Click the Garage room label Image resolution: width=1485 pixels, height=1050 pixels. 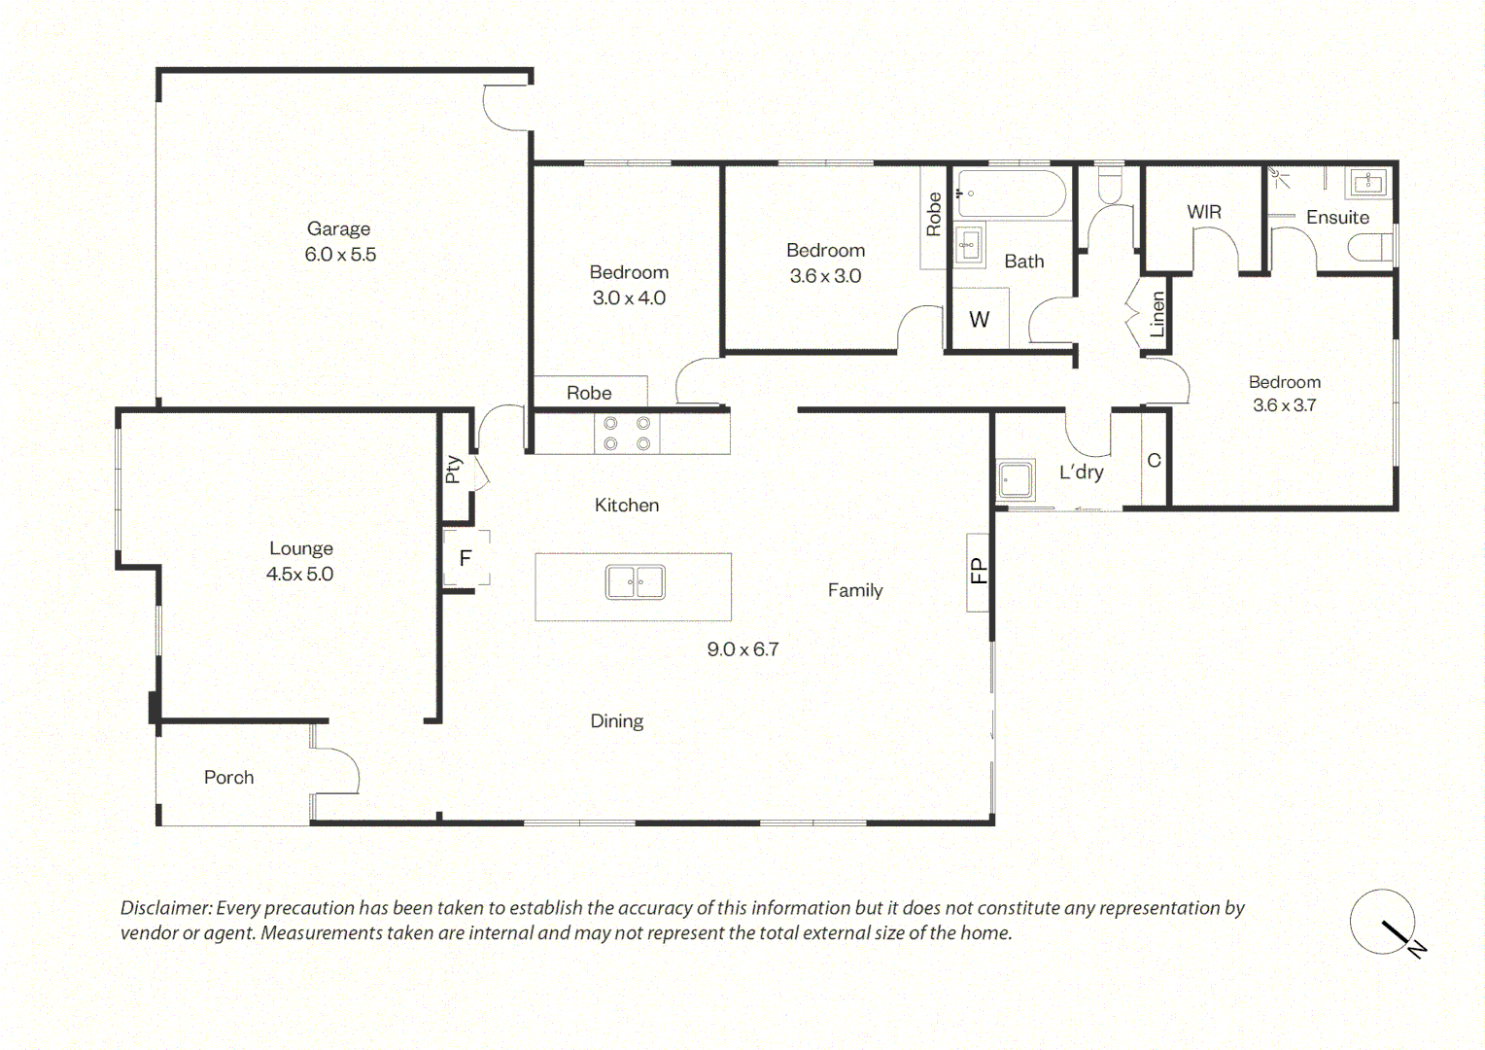338,228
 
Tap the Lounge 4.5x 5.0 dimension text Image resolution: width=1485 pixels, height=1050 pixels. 299,574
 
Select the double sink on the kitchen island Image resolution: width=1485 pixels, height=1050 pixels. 635,581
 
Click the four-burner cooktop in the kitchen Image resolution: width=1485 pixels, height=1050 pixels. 627,434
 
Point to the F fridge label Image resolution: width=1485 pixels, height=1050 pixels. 466,558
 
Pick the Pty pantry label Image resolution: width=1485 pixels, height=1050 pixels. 454,469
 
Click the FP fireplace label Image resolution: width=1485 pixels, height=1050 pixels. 978,571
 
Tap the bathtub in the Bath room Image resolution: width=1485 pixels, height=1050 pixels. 1011,193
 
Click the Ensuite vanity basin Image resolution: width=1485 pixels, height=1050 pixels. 1368,182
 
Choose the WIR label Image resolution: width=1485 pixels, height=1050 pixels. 1204,212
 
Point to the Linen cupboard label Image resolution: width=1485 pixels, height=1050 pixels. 1157,314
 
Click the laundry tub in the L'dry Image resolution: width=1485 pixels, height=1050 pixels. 1016,478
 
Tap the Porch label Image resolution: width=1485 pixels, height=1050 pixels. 228,778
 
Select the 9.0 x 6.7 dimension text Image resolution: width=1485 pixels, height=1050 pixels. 742,648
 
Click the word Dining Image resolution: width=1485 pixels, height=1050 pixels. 616,721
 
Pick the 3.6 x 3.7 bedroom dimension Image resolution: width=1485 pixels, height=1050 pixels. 1284,404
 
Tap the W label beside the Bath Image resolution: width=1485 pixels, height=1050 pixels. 980,320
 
